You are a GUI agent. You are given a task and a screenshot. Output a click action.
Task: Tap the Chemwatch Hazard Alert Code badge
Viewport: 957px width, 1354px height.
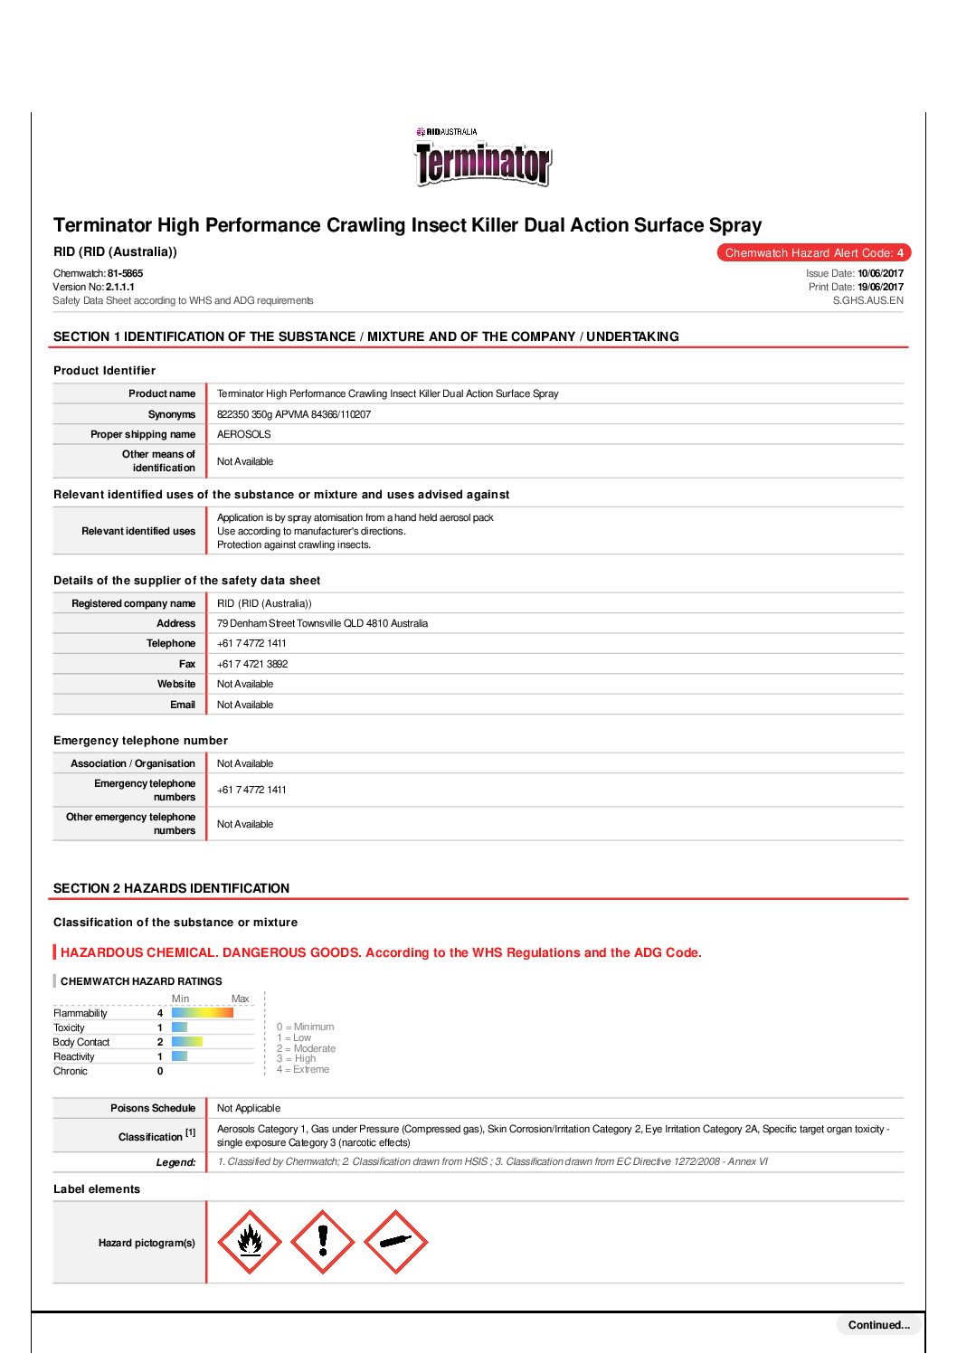[x=814, y=253]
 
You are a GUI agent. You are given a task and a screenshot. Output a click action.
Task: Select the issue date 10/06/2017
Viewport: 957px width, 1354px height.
[x=880, y=273]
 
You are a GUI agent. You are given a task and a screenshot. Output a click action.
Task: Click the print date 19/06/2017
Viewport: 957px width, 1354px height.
[x=880, y=287]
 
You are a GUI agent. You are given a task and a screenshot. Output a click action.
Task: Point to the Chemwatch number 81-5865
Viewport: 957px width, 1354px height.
[x=125, y=273]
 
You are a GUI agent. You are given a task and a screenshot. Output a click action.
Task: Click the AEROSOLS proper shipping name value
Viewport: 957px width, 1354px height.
[x=244, y=434]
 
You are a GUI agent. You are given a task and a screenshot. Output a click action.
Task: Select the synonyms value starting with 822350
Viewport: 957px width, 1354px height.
[x=294, y=414]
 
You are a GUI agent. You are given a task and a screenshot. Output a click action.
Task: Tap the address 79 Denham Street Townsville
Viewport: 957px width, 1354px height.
[x=322, y=623]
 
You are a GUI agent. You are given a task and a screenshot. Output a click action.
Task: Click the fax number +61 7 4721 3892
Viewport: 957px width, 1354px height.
[x=252, y=664]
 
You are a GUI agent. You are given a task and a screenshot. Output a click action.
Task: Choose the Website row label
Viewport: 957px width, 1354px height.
[x=176, y=684]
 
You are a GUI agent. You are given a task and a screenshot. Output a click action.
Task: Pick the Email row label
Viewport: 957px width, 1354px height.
[x=183, y=705]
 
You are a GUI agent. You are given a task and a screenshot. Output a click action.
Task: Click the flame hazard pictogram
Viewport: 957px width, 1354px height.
[x=250, y=1242]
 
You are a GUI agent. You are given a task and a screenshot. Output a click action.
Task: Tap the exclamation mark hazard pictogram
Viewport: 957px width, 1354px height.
[x=323, y=1242]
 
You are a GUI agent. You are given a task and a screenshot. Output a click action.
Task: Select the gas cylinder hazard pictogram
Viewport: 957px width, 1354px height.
[x=395, y=1242]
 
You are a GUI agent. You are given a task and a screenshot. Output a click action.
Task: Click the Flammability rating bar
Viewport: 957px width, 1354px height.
[x=203, y=1013]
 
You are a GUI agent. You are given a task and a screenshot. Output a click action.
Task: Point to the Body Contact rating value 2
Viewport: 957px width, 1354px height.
[x=160, y=1042]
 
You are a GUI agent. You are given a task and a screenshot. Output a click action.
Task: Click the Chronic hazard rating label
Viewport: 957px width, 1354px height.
[x=71, y=1071]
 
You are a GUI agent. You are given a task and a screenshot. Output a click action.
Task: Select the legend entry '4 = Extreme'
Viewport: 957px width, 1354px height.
[x=303, y=1069]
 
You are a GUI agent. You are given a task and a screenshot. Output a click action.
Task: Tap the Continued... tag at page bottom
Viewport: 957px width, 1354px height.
[x=878, y=1325]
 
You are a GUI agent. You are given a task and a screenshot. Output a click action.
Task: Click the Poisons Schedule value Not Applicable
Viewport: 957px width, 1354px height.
[x=249, y=1108]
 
